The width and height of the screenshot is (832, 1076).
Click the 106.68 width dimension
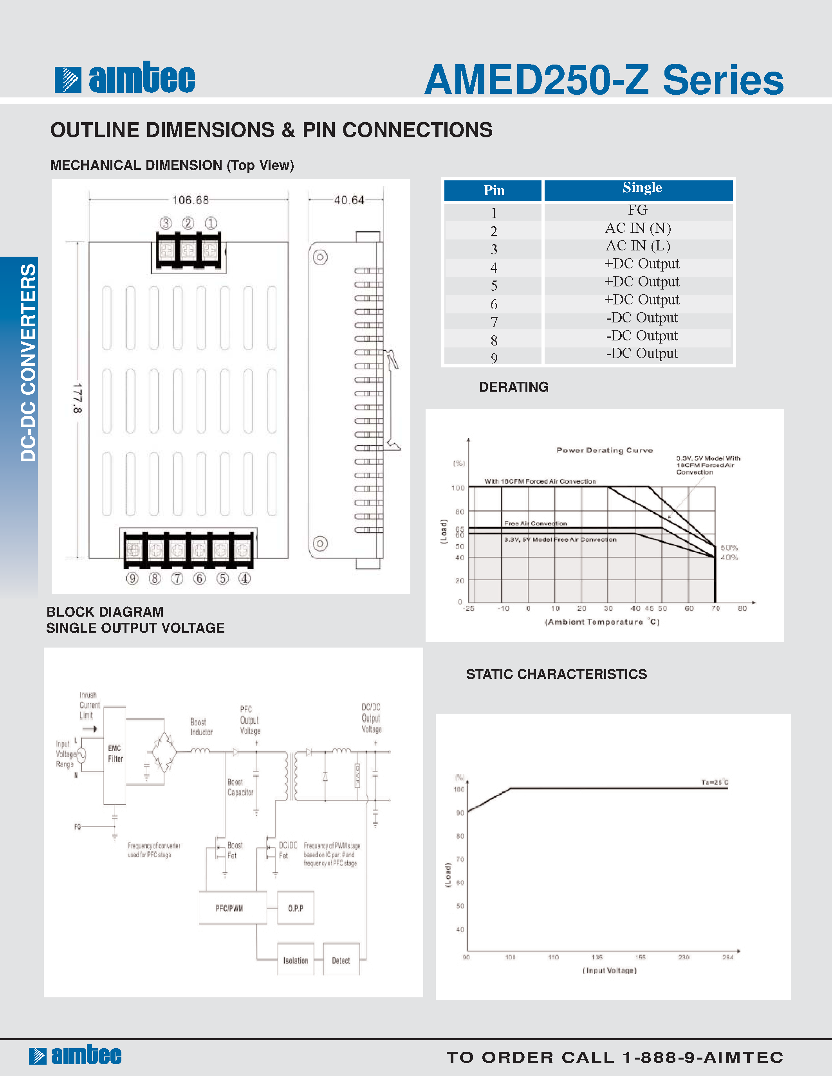pos(190,200)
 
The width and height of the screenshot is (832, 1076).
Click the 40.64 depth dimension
pos(348,200)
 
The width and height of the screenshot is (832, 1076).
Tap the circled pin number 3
pos(166,223)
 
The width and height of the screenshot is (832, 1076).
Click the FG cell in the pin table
pos(637,211)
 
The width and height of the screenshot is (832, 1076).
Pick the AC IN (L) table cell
pos(637,246)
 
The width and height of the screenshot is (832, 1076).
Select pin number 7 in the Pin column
pos(493,322)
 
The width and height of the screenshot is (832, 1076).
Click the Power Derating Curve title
pos(604,450)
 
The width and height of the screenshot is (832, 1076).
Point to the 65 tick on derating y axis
pos(459,529)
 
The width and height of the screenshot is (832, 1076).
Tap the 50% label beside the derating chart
pos(729,548)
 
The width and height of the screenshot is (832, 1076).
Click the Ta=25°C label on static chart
pos(714,783)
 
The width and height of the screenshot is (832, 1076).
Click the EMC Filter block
pos(115,754)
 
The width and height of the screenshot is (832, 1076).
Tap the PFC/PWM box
pos(230,908)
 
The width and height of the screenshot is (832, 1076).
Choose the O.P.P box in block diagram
pos(295,908)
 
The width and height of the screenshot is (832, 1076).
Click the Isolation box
pos(295,960)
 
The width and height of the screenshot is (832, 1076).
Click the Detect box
pos(341,960)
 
